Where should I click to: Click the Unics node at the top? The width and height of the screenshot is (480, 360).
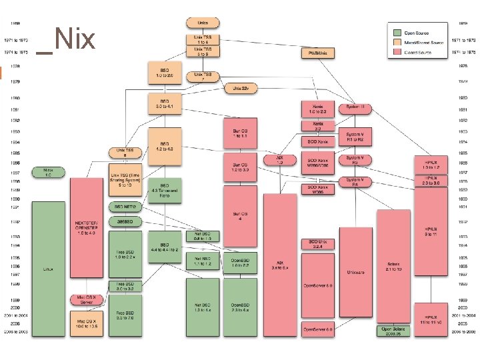(x=203, y=23)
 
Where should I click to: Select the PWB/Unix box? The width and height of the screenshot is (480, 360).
(x=317, y=52)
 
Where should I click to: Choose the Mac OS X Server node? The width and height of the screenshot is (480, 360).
(x=87, y=299)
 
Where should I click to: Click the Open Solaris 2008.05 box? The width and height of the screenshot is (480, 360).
(x=395, y=331)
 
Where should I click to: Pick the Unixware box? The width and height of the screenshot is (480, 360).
(x=355, y=272)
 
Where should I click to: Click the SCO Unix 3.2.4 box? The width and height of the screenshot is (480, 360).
(x=317, y=244)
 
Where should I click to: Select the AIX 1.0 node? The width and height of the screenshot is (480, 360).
(x=281, y=161)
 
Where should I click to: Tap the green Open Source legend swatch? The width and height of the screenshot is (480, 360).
(x=397, y=32)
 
